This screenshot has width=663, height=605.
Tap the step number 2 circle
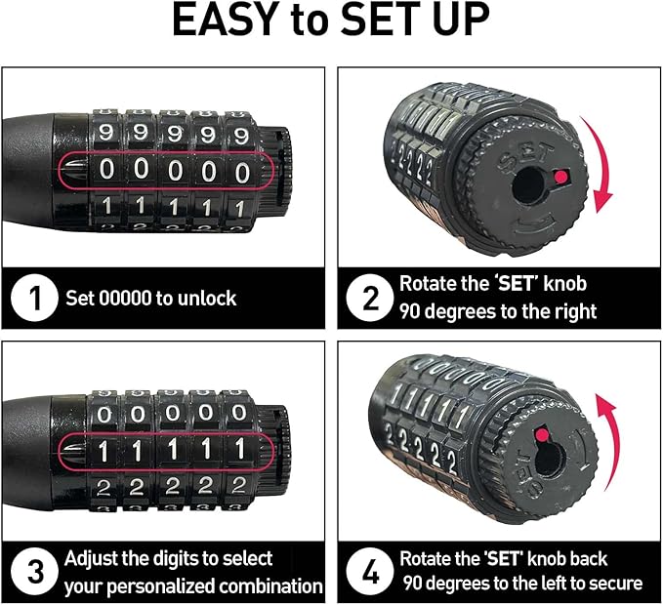click(370, 299)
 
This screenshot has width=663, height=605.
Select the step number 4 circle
click(370, 573)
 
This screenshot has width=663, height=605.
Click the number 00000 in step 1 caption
click(126, 299)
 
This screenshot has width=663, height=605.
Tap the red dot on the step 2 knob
click(560, 176)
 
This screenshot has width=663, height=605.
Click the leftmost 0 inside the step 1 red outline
click(107, 172)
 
